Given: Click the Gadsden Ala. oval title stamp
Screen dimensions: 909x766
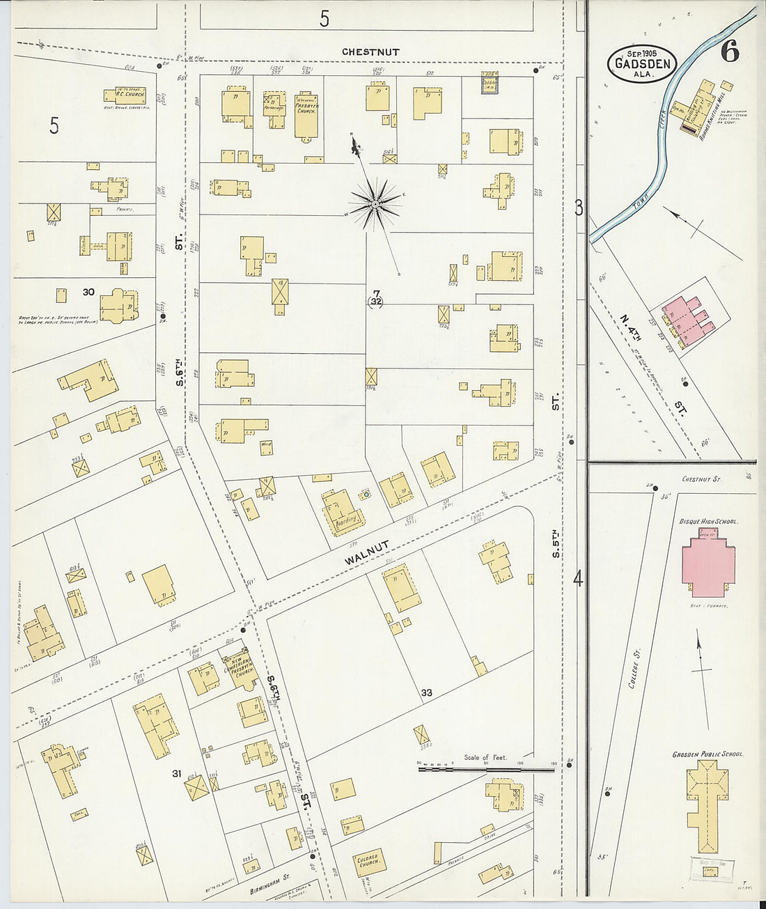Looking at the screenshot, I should (643, 63).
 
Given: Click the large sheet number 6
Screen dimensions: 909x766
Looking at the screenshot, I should (729, 52).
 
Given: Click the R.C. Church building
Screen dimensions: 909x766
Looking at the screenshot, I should (125, 95).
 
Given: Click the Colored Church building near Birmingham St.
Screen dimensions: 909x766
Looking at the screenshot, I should (366, 862).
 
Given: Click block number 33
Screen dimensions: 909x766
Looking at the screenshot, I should (426, 692).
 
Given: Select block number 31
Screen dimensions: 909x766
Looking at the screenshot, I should (177, 773).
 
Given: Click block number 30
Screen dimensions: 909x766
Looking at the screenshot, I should (88, 292).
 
